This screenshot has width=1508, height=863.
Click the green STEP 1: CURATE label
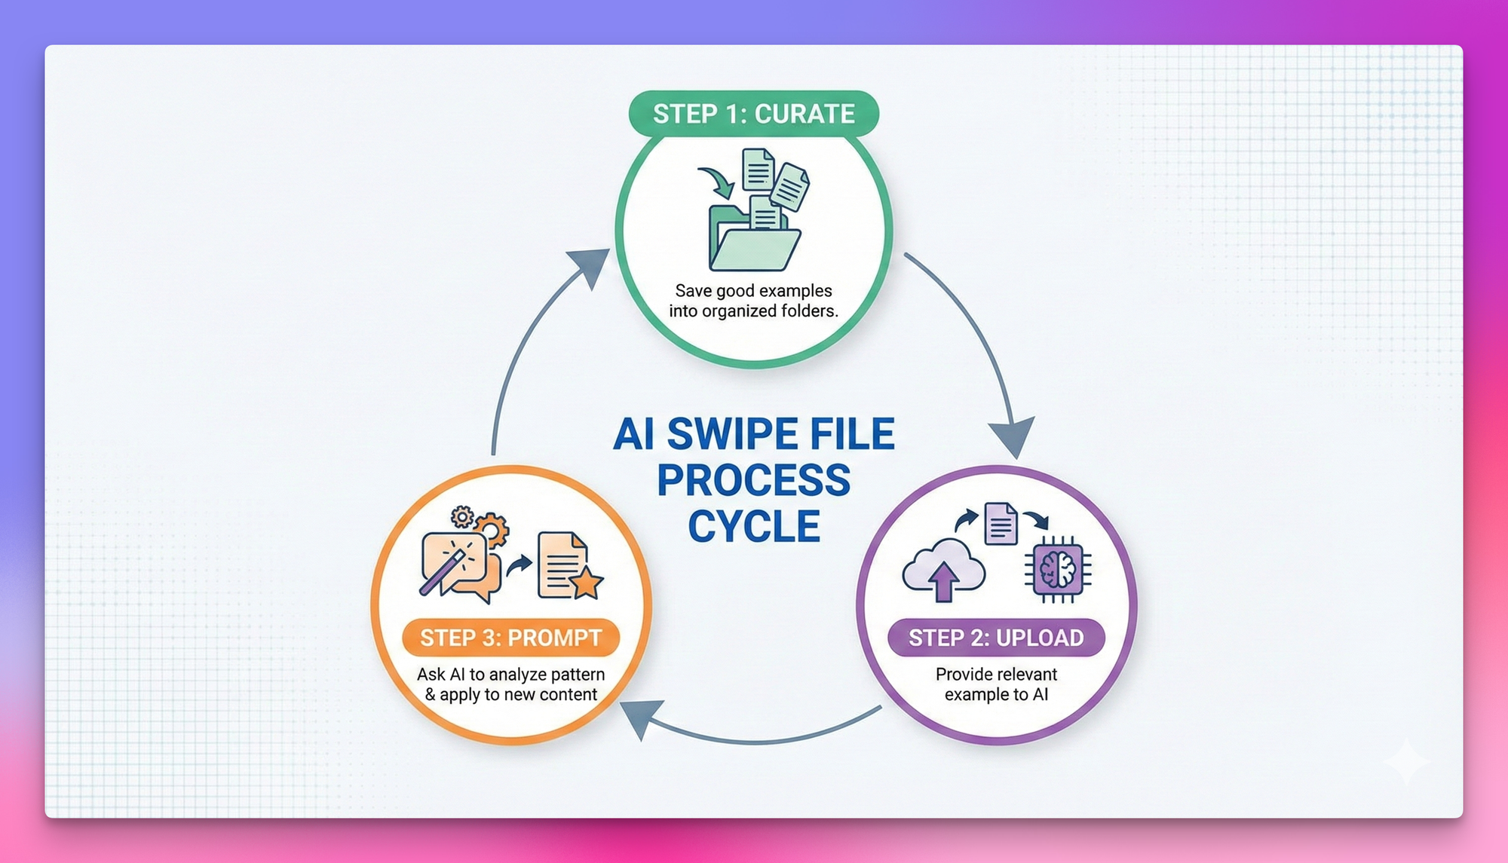(753, 114)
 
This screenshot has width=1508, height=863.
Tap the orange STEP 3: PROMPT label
(510, 638)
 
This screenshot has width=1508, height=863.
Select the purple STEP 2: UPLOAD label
(996, 638)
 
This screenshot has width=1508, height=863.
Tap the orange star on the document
(587, 582)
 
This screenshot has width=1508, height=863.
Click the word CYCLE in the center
(753, 526)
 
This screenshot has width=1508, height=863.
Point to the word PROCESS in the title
(753, 481)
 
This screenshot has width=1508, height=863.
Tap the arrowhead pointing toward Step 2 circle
(1013, 436)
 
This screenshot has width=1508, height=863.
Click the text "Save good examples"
(753, 291)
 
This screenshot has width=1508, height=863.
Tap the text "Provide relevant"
(996, 674)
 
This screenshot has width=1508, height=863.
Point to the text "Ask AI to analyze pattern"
(510, 674)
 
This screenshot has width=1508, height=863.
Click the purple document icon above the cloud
(1001, 523)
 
